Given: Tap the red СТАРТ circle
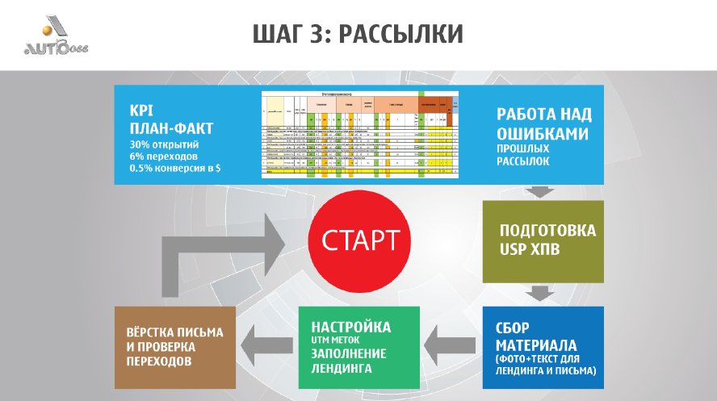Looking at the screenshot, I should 360,240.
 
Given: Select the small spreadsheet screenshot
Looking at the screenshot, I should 359,134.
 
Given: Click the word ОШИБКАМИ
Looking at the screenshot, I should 542,133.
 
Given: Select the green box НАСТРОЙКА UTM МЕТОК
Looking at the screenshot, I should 359,348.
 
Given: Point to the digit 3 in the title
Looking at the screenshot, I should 319,34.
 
